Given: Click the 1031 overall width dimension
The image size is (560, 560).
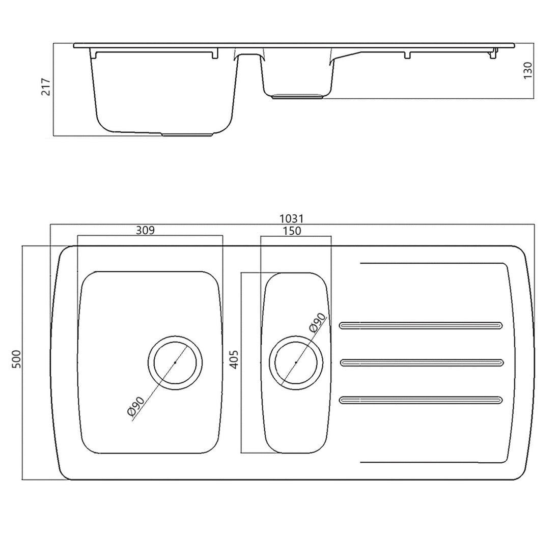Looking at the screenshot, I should point(292,218).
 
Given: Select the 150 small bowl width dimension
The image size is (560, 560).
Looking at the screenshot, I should point(291,231).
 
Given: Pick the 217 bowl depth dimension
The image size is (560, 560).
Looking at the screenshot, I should point(45,88).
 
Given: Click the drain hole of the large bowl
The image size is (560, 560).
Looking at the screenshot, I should point(175,362).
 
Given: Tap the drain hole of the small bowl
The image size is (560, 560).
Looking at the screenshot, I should point(296,362).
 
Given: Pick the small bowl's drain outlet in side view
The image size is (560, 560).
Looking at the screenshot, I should point(298,96).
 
